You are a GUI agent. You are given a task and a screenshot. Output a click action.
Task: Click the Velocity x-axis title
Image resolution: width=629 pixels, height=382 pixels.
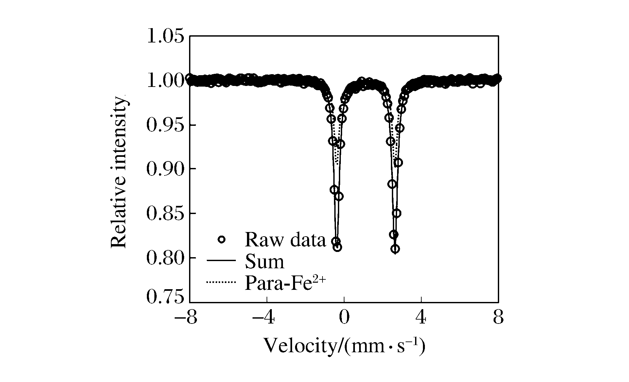point(344,346)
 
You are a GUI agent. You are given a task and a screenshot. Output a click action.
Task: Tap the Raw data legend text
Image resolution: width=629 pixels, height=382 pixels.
point(285,240)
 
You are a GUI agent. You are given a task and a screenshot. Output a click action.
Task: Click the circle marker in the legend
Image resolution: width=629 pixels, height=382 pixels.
point(221,240)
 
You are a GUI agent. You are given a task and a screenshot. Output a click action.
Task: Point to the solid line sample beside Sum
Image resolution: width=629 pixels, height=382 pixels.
point(221,261)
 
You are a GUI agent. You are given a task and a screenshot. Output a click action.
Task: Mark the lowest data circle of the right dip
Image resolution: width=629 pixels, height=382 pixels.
point(395,249)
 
